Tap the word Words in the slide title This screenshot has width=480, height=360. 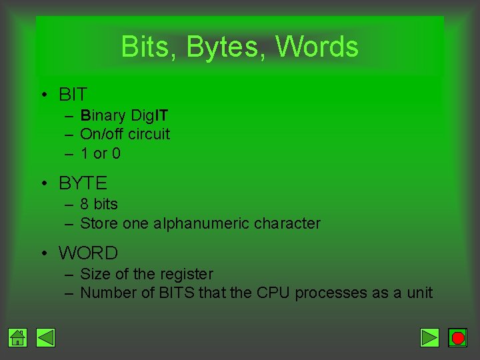[317, 47]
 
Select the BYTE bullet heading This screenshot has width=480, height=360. [83, 183]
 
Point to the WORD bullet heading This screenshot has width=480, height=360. [88, 253]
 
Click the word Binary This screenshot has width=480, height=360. [103, 116]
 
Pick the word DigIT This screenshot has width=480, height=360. [149, 116]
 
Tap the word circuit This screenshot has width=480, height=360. [149, 134]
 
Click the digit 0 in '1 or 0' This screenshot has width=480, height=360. [116, 153]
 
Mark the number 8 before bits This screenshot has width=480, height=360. [85, 204]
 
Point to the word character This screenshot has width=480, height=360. [287, 223]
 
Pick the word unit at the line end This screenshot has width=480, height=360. [419, 293]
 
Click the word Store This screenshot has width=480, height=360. [99, 223]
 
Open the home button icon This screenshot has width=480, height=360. [18, 338]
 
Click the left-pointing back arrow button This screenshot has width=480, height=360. [45, 338]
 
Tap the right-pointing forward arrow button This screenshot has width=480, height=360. [430, 338]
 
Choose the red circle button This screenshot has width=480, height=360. [457, 338]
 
